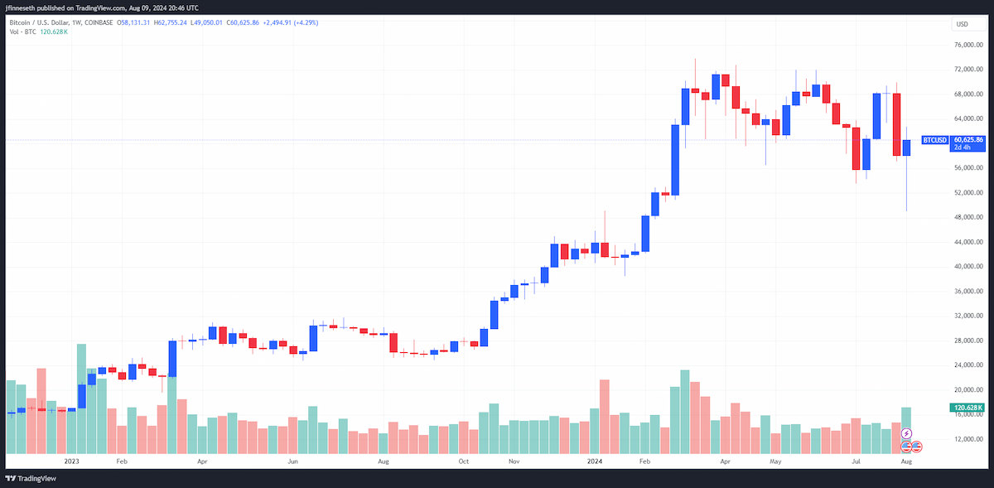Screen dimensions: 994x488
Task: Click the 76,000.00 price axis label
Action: (968, 45)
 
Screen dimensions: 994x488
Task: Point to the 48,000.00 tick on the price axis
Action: (968, 217)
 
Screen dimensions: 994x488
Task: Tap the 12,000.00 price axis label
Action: (968, 439)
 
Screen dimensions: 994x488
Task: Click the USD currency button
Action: (967, 24)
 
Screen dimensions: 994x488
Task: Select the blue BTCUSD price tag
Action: (935, 140)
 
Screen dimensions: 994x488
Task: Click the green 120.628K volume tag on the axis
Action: (967, 408)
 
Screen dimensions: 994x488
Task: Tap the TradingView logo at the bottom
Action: (31, 478)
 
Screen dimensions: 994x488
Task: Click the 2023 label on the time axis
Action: (71, 461)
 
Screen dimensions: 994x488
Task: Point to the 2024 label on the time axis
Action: (595, 461)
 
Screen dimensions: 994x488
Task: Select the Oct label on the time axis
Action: (463, 461)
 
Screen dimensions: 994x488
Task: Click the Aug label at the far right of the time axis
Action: (906, 461)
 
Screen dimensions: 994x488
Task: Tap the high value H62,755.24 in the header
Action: (171, 22)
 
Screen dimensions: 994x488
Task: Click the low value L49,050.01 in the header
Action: (206, 22)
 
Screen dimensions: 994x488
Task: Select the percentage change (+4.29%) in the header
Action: (306, 22)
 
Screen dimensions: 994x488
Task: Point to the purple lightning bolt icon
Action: (906, 433)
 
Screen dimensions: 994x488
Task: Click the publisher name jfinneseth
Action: (20, 8)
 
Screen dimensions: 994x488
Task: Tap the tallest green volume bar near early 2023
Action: (81, 399)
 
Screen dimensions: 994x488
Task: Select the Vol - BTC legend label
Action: (22, 32)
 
